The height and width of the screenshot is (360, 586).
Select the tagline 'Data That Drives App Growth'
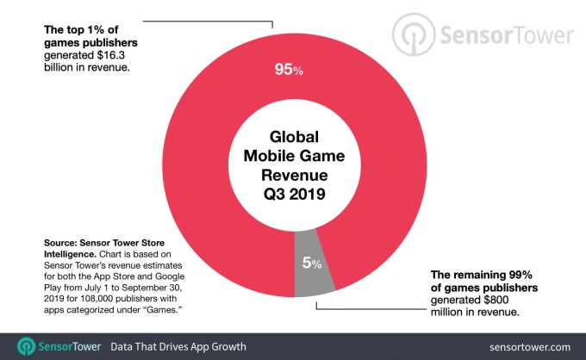179,345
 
